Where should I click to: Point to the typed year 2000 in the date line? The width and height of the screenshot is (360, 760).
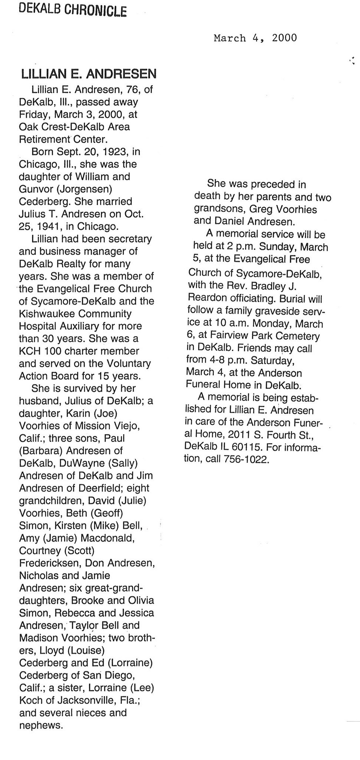(284, 38)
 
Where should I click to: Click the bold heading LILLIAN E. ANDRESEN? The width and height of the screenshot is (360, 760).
(89, 74)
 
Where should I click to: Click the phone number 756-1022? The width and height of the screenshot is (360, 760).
(246, 459)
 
